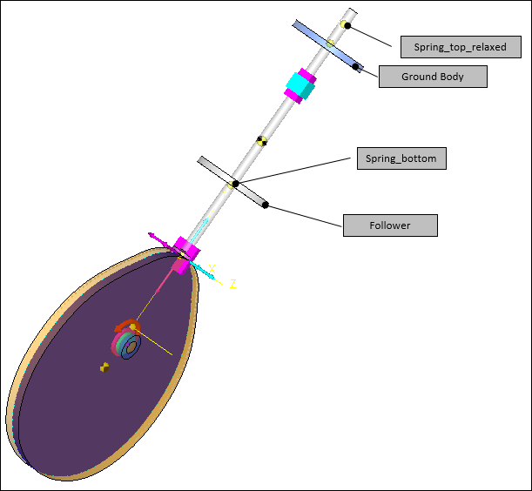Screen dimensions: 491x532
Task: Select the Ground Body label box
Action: tap(433, 77)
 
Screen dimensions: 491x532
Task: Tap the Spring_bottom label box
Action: tap(401, 159)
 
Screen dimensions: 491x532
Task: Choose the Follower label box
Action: tap(389, 225)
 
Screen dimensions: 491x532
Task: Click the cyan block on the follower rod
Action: tap(300, 85)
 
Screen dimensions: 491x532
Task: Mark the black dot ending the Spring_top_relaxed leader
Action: tap(347, 25)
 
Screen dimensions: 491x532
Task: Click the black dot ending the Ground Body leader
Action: tap(357, 65)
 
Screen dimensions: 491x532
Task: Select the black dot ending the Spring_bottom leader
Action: tap(235, 184)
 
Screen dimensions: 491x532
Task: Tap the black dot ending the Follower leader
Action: tap(266, 205)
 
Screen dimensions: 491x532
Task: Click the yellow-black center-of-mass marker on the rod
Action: tap(260, 140)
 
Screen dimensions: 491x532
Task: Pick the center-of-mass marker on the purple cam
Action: tap(104, 367)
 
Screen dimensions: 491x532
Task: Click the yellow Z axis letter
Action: tap(233, 284)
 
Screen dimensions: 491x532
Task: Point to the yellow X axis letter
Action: tap(212, 269)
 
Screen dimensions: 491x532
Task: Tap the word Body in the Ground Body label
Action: tap(452, 77)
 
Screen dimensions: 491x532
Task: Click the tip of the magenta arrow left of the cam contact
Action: tap(151, 234)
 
